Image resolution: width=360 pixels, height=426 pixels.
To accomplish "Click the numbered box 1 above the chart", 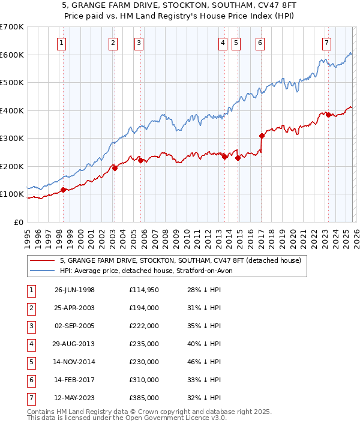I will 62,43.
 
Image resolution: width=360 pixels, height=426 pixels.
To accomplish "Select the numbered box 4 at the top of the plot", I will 223,43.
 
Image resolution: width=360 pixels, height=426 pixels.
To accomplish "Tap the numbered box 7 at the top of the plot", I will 326,43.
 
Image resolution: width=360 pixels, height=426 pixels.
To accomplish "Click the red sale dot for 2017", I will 262,136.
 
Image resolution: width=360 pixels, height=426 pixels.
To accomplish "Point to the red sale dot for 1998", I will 63,190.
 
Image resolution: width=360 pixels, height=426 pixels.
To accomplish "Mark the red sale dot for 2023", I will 328,115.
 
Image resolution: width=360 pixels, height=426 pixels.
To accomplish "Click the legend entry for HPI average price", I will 150,271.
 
